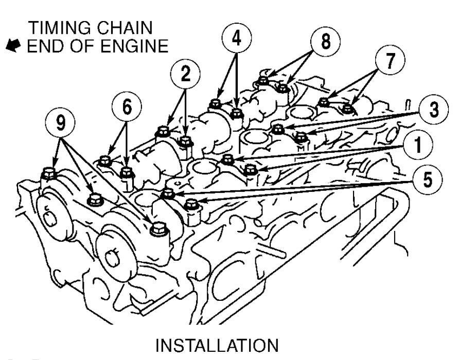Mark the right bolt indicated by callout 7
tap(348, 107)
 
